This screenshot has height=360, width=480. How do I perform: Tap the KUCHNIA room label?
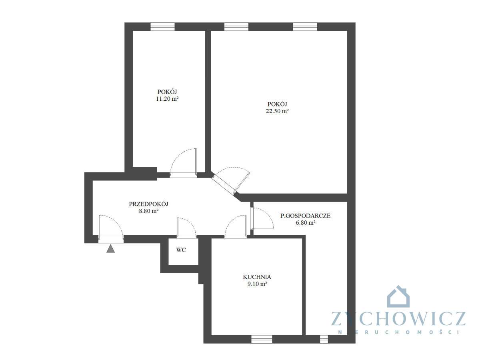click(x=257, y=277)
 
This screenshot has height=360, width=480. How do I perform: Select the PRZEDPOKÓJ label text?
click(x=148, y=204)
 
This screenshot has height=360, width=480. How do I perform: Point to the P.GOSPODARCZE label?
click(x=305, y=216)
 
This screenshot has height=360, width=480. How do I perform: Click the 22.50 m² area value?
click(x=277, y=112)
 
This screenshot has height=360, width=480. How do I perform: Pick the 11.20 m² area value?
click(x=167, y=99)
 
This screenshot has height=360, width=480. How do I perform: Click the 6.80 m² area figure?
click(x=306, y=223)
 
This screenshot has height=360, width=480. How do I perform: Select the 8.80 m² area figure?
click(x=148, y=211)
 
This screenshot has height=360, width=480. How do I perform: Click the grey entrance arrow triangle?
click(x=111, y=249)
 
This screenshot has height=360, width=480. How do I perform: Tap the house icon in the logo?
click(x=398, y=297)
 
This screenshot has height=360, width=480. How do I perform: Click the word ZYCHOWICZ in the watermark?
click(x=398, y=319)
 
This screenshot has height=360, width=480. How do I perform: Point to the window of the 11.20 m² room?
click(x=162, y=26)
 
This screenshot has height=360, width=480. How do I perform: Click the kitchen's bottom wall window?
click(x=262, y=339)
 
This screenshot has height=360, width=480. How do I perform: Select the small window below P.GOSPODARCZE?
click(x=324, y=339)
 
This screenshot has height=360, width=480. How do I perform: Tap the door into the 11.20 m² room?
click(x=184, y=162)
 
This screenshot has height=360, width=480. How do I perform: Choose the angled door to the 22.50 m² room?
click(x=231, y=180)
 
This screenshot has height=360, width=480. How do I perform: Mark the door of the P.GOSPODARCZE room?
click(x=262, y=218)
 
